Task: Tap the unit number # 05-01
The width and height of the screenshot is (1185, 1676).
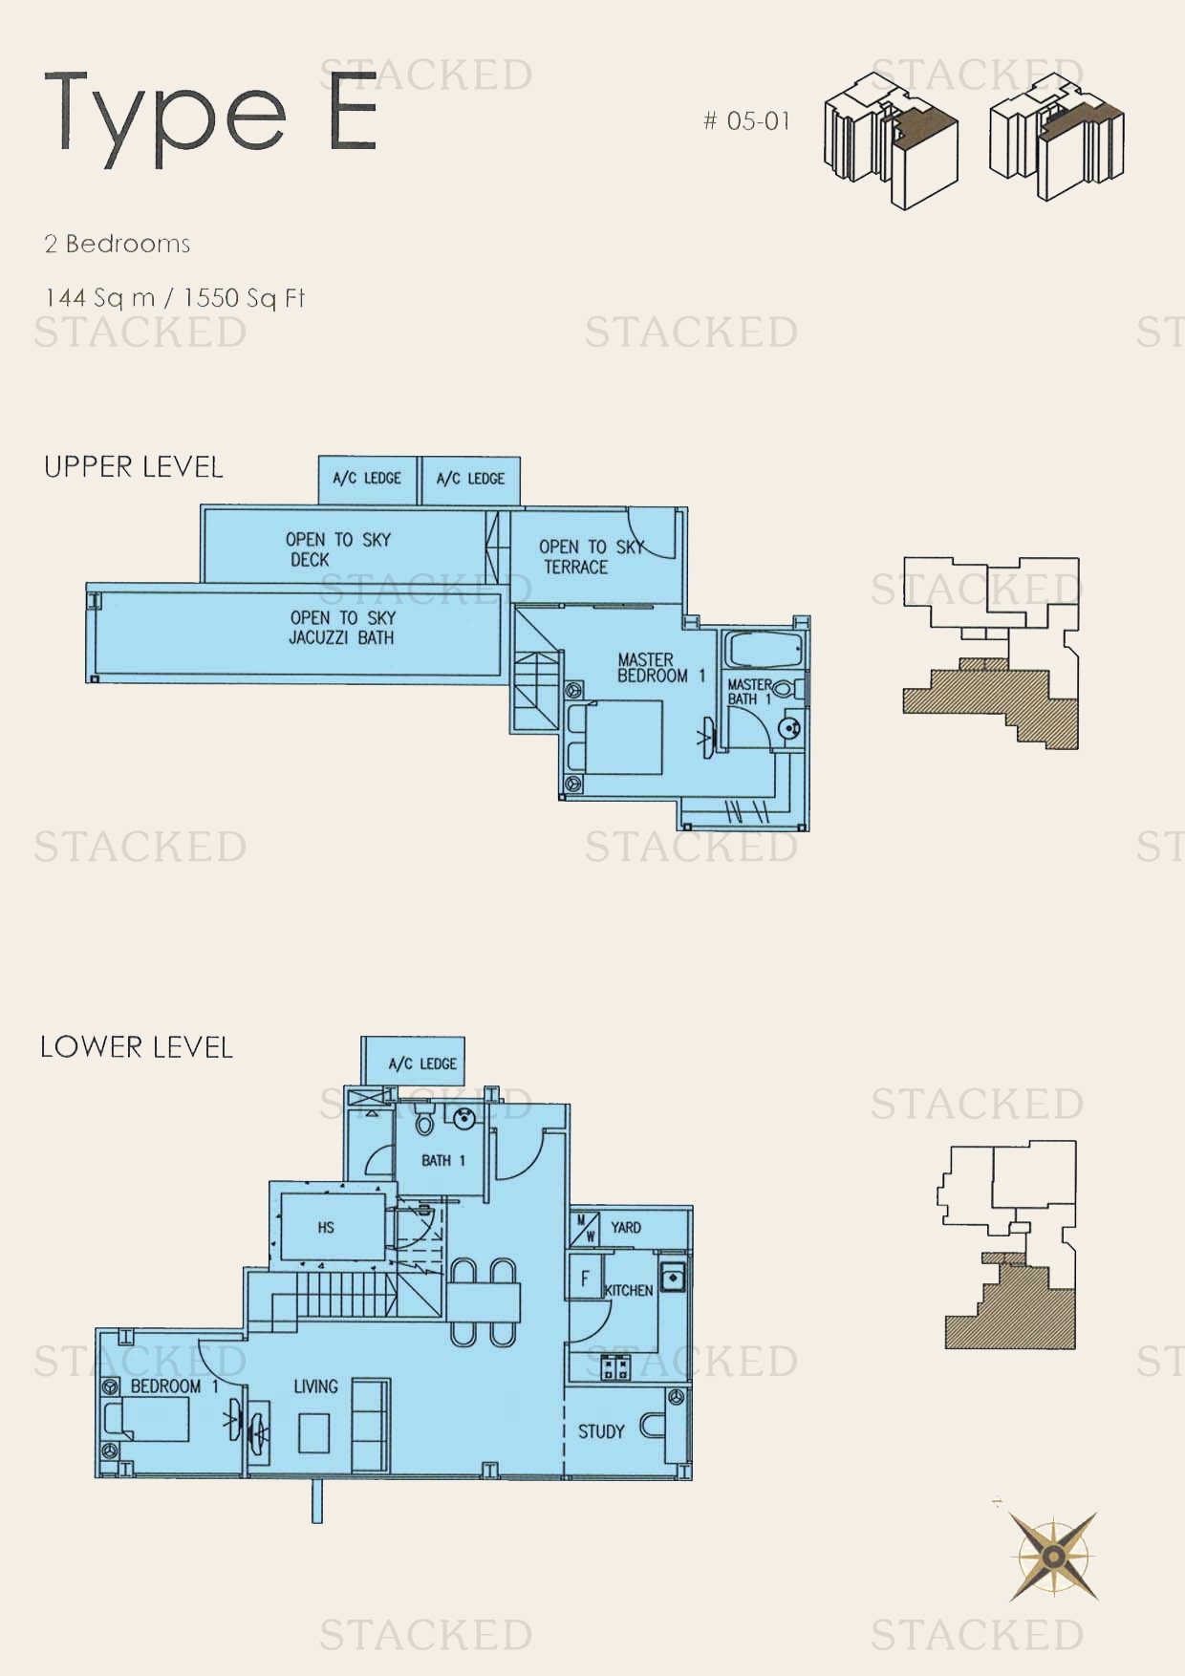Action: pos(746,121)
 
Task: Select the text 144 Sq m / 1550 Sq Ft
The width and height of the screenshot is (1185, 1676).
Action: pos(175,298)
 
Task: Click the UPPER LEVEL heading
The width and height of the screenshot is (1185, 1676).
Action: pos(134,467)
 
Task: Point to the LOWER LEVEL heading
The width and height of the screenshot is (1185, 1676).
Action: pos(137,1047)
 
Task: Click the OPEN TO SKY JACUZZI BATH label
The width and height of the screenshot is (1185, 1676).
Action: pos(341,628)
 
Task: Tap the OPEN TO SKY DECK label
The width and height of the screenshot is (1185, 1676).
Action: pos(337,549)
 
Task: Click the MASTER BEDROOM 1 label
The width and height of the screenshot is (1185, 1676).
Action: pos(659,667)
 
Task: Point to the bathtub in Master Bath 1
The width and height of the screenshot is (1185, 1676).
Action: pos(763,650)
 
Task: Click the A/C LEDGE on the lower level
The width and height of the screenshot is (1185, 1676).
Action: pos(421,1064)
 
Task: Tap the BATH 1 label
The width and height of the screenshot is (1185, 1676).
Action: pos(442,1160)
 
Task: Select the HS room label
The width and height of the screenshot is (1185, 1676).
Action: pos(326,1227)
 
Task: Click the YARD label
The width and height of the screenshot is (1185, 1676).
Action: pos(626,1227)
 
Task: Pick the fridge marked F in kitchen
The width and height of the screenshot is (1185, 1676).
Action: pos(585,1278)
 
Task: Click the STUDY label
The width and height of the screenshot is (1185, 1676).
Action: pos(600,1431)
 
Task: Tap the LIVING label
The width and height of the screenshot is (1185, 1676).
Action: pos(315,1386)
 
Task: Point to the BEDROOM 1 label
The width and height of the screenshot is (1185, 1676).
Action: pos(174,1386)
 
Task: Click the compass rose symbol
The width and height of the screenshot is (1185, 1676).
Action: pos(1053,1557)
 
